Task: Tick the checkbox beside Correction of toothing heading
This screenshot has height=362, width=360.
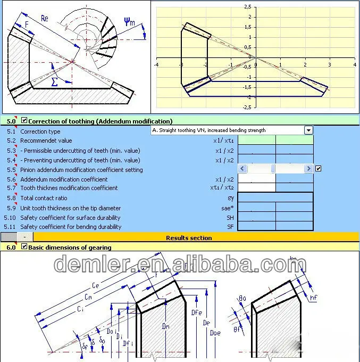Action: (24, 121)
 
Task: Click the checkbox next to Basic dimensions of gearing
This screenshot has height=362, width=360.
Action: (24, 246)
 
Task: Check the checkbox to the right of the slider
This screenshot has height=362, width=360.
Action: (318, 169)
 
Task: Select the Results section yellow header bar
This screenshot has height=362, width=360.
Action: (189, 237)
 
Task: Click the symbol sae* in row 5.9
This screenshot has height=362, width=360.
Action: (228, 208)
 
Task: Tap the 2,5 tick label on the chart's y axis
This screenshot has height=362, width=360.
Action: (247, 7)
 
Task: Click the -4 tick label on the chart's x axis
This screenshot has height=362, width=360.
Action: (156, 64)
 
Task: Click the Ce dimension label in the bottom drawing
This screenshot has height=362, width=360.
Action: (95, 285)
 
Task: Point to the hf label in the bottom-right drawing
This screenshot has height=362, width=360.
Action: (313, 298)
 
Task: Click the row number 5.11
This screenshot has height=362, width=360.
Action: (10, 227)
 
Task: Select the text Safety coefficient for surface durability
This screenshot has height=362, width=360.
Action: (70, 218)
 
